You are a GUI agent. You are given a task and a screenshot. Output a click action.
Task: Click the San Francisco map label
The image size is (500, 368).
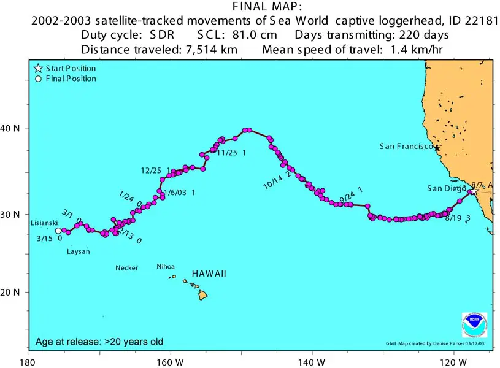[406, 146]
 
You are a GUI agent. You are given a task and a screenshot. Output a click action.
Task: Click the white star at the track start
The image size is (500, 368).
[474, 191]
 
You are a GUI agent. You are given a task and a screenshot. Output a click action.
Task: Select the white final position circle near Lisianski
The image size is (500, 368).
[58, 231]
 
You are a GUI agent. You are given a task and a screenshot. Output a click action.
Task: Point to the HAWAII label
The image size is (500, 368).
[209, 274]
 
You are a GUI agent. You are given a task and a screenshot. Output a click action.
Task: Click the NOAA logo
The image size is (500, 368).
[474, 325]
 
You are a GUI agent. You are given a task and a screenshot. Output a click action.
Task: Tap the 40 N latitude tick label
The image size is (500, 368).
[13, 128]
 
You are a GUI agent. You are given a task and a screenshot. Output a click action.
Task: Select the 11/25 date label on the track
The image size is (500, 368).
[227, 153]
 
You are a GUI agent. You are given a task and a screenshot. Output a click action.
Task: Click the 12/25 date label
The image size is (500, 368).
[151, 171]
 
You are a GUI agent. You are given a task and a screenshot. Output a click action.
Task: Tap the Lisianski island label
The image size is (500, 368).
[44, 223]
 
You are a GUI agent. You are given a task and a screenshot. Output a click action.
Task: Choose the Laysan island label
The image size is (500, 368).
[78, 251]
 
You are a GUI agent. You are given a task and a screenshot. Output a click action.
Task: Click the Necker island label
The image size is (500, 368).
[127, 268]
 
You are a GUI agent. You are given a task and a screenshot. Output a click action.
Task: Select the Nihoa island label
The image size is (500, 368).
[166, 267]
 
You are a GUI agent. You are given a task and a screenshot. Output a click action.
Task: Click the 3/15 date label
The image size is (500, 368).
[44, 239]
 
